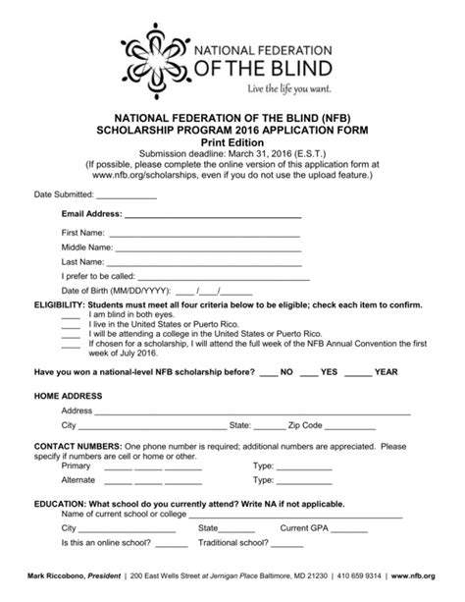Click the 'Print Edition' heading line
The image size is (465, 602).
point(232,141)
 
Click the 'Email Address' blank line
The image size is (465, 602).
point(213,215)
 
